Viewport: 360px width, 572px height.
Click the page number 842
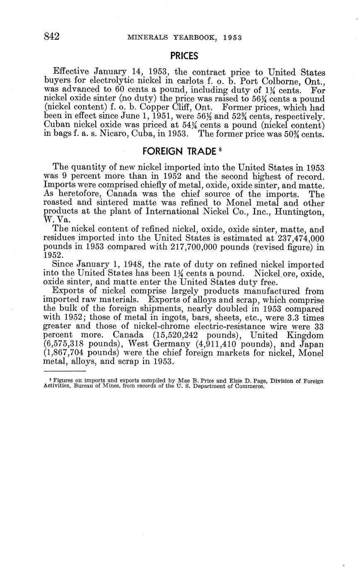(x=52, y=36)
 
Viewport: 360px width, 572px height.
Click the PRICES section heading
(x=184, y=56)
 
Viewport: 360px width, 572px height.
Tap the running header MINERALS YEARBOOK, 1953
(x=184, y=37)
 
